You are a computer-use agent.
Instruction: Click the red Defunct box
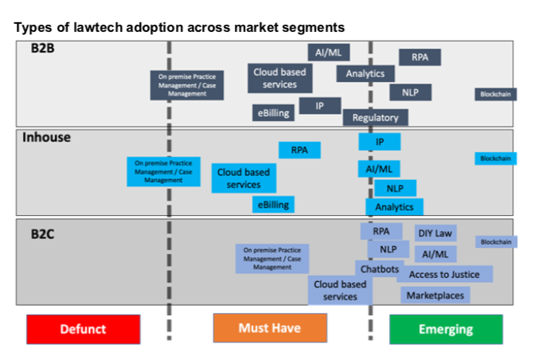(x=83, y=329)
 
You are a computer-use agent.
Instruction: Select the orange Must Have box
(x=270, y=328)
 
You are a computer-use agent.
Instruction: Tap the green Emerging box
(x=446, y=329)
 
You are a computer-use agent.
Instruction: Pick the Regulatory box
(x=376, y=118)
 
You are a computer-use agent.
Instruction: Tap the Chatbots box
(x=378, y=269)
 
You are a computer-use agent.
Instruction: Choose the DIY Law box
(x=435, y=233)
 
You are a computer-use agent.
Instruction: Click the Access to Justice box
(x=444, y=274)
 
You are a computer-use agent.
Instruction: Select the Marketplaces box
(x=435, y=295)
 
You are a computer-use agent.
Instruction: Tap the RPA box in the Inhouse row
(x=299, y=150)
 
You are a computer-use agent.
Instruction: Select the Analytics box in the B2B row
(x=365, y=73)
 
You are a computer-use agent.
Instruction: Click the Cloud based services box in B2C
(x=340, y=290)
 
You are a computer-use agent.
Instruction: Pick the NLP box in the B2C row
(x=388, y=249)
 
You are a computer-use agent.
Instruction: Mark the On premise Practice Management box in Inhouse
(x=163, y=170)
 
